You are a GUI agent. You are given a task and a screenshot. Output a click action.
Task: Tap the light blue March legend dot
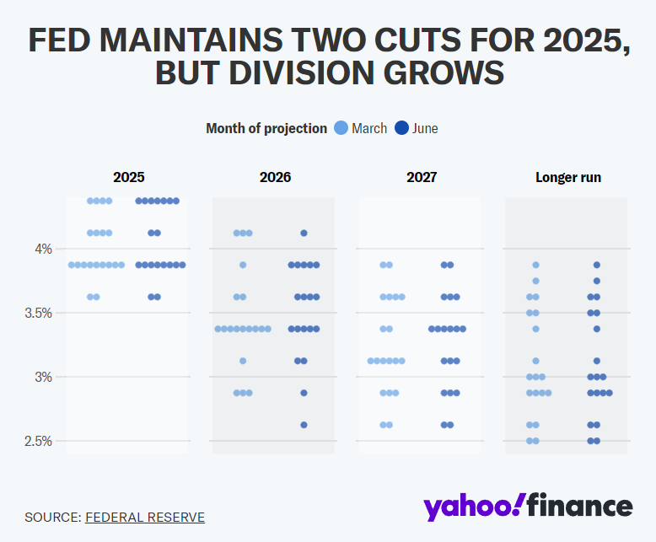[341, 128]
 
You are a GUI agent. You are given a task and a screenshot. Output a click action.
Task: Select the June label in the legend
[426, 128]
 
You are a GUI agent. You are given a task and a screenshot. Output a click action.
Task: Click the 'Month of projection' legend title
[266, 128]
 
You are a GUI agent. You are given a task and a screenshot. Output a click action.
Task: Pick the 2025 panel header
[129, 177]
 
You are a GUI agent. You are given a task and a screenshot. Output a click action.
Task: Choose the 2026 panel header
[275, 177]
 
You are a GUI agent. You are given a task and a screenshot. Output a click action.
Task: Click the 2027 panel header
[422, 177]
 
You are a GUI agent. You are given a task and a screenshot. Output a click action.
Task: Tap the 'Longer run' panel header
[568, 177]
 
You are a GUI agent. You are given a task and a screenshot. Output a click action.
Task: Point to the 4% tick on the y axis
[43, 249]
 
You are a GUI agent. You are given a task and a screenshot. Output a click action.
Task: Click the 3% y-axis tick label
[43, 377]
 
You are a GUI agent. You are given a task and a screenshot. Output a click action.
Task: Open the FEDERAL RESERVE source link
[145, 517]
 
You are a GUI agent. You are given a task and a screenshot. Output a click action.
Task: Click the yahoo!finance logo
[528, 506]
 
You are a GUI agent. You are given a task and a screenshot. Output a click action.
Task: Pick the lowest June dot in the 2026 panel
[304, 425]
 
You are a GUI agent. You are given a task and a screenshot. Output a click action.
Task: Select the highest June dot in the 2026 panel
[304, 233]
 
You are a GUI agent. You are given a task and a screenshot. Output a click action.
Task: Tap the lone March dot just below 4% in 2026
[243, 265]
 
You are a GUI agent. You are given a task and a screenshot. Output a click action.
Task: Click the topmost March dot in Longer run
[535, 265]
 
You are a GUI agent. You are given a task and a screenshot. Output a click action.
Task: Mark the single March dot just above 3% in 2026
[243, 361]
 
